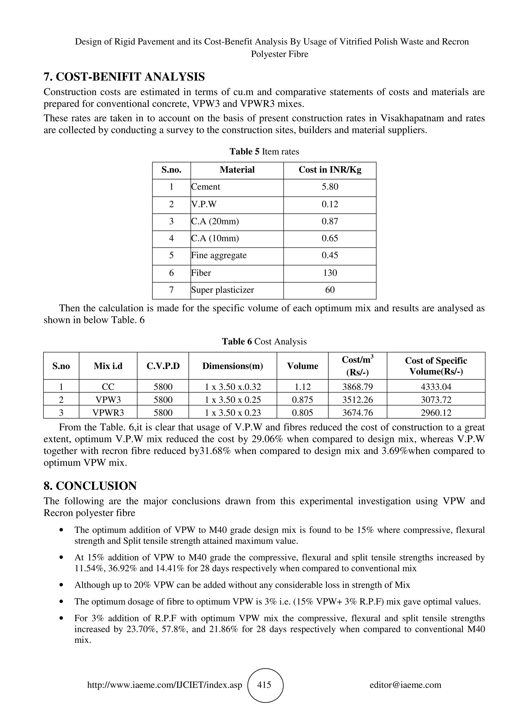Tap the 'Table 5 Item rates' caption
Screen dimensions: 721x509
pyautogui.click(x=264, y=152)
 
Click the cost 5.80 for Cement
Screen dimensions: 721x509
pyautogui.click(x=330, y=187)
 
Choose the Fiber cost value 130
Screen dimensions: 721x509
pyautogui.click(x=330, y=273)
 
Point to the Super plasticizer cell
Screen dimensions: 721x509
pyautogui.click(x=222, y=290)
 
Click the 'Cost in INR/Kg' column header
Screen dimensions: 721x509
pyautogui.click(x=330, y=170)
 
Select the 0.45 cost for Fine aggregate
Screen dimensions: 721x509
pyautogui.click(x=330, y=255)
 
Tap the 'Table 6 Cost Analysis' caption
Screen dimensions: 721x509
pyautogui.click(x=264, y=342)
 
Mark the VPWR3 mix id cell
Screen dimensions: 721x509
pyautogui.click(x=108, y=413)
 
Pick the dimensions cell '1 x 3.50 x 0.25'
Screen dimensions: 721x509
pyautogui.click(x=233, y=400)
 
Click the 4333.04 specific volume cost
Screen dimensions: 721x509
pyautogui.click(x=436, y=387)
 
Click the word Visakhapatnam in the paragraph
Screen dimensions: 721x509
pyautogui.click(x=412, y=118)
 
